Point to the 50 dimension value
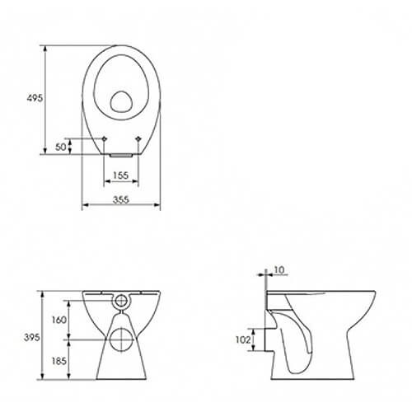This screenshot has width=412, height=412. (59, 146)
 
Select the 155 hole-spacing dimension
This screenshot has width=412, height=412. (120, 176)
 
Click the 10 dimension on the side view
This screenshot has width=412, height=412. (281, 269)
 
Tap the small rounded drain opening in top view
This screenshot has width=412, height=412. (121, 101)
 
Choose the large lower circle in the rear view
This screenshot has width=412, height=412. (121, 338)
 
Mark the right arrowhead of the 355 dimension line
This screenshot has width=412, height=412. (158, 207)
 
